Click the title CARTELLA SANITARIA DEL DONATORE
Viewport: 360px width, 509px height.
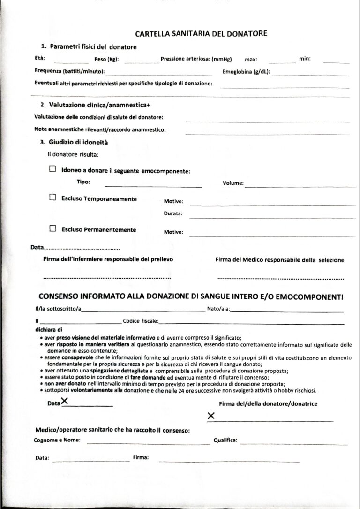pos(201,34)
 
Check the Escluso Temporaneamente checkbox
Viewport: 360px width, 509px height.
pos(53,198)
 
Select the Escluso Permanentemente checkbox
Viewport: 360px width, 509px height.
pos(53,229)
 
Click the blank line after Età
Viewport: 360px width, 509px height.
pos(71,62)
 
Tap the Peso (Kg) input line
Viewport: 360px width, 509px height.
pos(142,62)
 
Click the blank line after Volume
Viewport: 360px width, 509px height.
pos(300,186)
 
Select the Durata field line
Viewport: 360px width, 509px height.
pos(272,217)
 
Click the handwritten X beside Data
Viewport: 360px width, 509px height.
pos(65,401)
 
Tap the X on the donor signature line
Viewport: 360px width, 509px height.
pos(211,416)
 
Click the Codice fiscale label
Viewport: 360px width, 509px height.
pos(140,321)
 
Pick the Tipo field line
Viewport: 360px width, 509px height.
pos(153,186)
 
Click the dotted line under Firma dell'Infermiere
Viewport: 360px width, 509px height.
pos(107,278)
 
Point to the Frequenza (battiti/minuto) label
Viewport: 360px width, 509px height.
pos(70,72)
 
